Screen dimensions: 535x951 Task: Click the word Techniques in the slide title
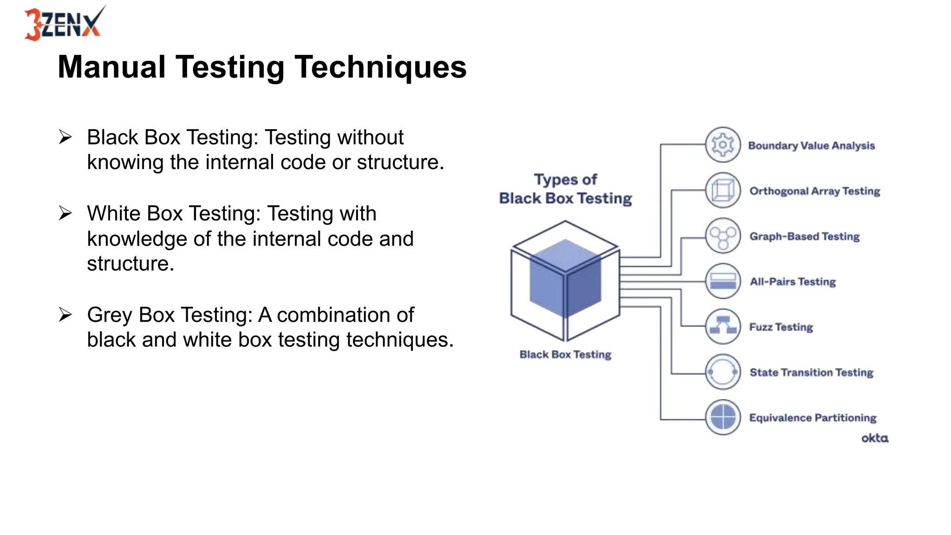point(380,67)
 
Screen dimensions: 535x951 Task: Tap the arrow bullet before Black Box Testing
point(65,137)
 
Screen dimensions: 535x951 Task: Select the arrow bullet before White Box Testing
point(65,214)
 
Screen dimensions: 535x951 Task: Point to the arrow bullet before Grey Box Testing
point(65,315)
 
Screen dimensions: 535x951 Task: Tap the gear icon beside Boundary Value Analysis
point(723,145)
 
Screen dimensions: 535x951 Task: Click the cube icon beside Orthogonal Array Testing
point(723,190)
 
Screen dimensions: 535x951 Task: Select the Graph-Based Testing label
point(804,236)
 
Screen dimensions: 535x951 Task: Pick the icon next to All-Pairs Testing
point(723,281)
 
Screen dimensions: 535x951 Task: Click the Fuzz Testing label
point(781,327)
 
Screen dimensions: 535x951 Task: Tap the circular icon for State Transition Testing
point(723,372)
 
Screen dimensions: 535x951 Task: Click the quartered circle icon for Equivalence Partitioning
point(723,417)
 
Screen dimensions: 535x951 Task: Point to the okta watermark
point(875,438)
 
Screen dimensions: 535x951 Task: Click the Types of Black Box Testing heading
point(565,189)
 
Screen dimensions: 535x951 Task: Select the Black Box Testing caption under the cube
point(565,354)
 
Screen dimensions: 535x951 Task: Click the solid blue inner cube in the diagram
point(565,279)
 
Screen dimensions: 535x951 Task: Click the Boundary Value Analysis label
point(811,146)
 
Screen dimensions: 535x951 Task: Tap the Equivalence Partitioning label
point(813,418)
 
